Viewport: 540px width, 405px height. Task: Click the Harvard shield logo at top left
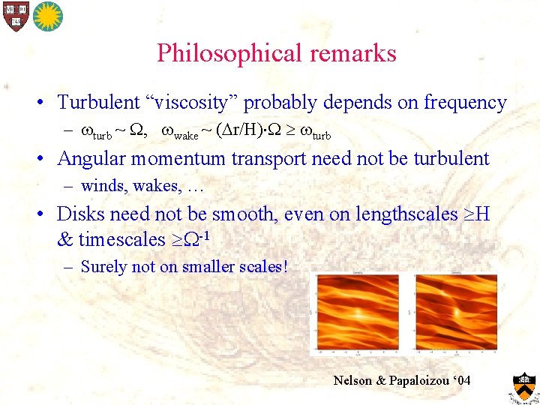(x=14, y=16)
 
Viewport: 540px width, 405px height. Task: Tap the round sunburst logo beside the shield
(x=47, y=16)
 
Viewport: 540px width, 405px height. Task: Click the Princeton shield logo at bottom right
(x=523, y=385)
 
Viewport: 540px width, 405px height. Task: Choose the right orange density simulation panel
(x=454, y=311)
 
